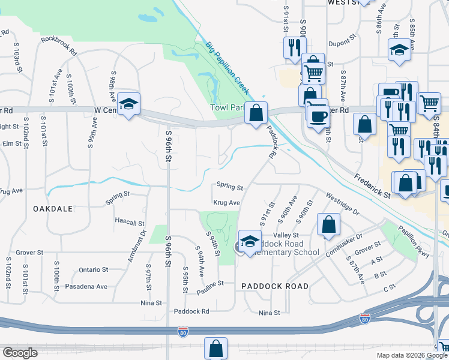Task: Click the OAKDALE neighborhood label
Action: pos(53,208)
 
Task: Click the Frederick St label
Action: pos(372,187)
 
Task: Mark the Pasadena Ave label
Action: pos(88,286)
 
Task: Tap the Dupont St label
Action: pos(343,44)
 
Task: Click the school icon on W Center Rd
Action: pos(128,104)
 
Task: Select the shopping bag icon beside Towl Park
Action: pos(256,113)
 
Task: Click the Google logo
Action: pos(20,353)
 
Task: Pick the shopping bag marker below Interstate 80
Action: pos(215,349)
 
